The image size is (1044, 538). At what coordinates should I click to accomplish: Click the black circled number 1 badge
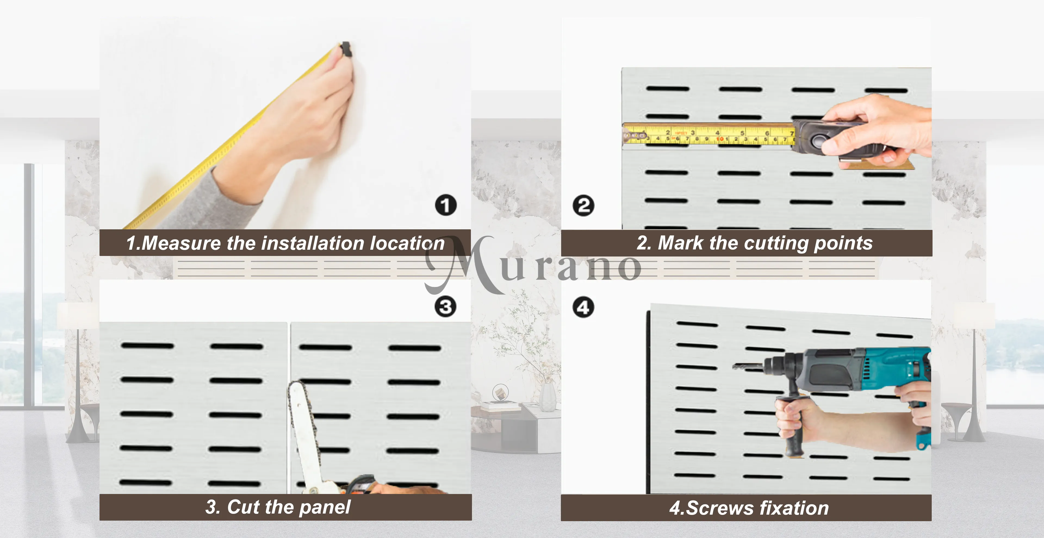(446, 205)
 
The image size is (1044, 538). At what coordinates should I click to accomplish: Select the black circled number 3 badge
(445, 307)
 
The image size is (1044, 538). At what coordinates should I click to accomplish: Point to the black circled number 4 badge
(583, 307)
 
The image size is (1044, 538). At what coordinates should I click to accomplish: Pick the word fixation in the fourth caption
(794, 508)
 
